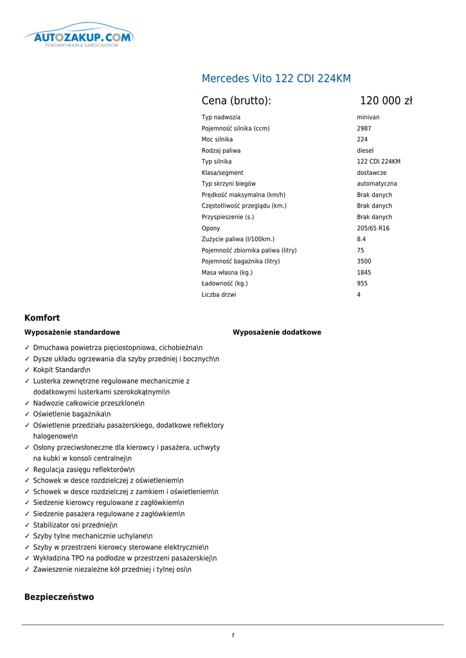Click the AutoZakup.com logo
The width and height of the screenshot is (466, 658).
(78, 39)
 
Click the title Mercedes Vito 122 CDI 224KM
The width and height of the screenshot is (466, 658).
(276, 79)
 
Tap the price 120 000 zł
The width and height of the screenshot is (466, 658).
(386, 101)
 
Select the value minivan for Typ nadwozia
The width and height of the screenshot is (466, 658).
(368, 118)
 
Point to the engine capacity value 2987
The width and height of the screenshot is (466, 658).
(364, 129)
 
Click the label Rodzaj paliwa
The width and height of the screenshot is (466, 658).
(221, 150)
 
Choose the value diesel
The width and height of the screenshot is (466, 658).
(365, 150)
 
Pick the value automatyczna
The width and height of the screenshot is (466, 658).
(377, 184)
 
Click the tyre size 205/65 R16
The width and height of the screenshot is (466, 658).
(373, 228)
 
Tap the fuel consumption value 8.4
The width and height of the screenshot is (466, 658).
(361, 239)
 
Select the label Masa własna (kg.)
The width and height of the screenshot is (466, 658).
(227, 272)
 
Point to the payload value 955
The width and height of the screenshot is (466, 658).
(363, 283)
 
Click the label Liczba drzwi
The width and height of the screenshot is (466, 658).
(219, 294)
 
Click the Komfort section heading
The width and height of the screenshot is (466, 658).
(42, 317)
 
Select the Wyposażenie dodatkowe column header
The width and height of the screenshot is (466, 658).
(277, 332)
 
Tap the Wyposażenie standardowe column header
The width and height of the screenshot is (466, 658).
(72, 332)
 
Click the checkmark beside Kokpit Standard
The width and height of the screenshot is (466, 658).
(27, 370)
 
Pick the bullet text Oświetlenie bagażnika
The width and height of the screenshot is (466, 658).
(72, 414)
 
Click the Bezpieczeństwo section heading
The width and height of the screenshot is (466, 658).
(59, 597)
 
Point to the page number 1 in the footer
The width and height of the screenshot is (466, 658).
(233, 636)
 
